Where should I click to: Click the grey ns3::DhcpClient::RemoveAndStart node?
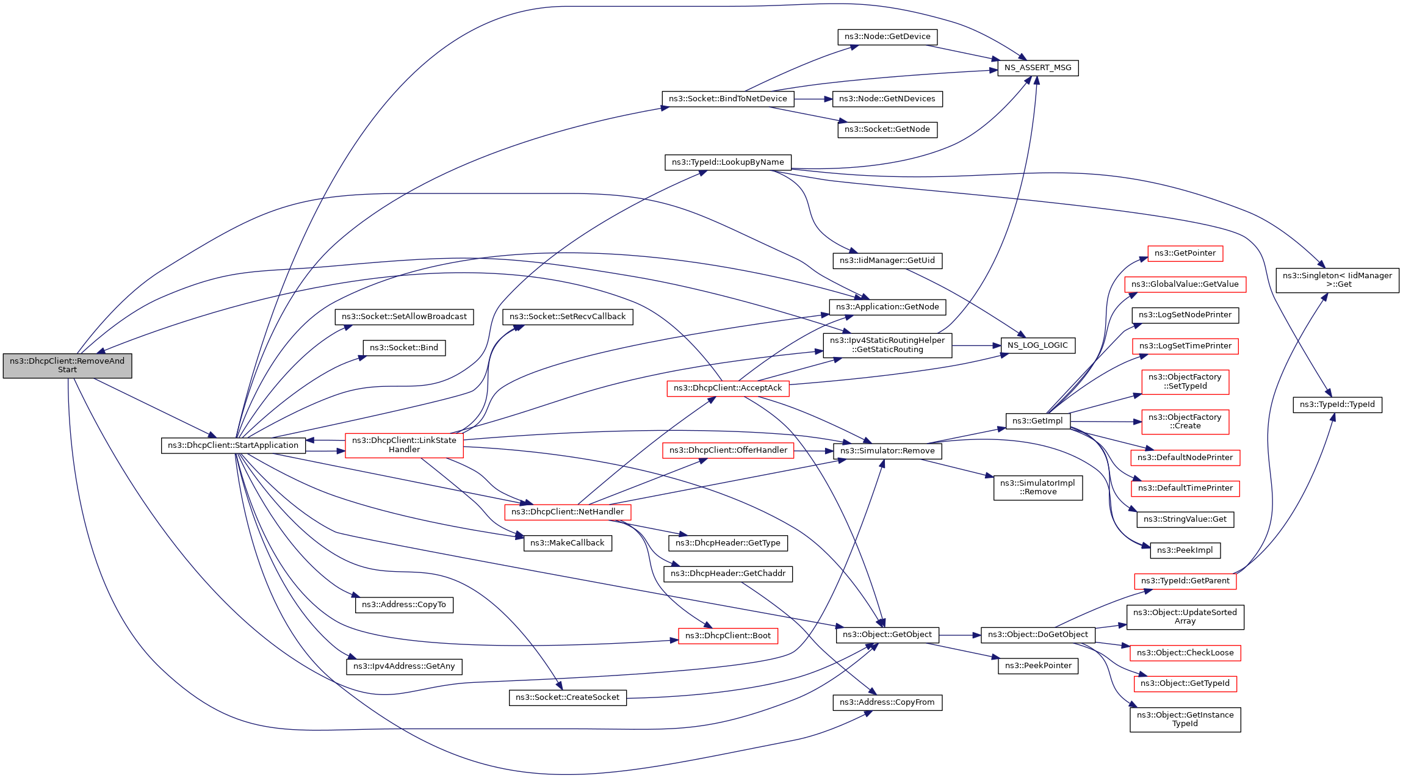pyautogui.click(x=67, y=366)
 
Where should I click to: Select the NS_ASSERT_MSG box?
pyautogui.click(x=1037, y=68)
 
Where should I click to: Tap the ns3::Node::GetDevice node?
pyautogui.click(x=887, y=37)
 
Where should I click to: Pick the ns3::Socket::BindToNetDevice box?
pyautogui.click(x=727, y=99)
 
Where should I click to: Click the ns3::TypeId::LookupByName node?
pyautogui.click(x=727, y=162)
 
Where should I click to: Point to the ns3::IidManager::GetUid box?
pyautogui.click(x=887, y=261)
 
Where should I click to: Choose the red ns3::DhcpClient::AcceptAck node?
pyautogui.click(x=727, y=388)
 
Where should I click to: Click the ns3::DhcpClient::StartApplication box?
pyautogui.click(x=233, y=445)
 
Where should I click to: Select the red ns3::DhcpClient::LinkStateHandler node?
pyautogui.click(x=404, y=445)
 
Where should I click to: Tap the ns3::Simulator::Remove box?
pyautogui.click(x=887, y=451)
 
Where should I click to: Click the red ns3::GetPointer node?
pyautogui.click(x=1185, y=253)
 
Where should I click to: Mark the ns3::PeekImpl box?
pyautogui.click(x=1185, y=550)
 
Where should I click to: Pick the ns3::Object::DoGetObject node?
pyautogui.click(x=1037, y=635)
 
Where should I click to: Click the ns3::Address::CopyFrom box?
pyautogui.click(x=887, y=702)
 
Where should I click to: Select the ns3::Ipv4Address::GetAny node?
pyautogui.click(x=404, y=666)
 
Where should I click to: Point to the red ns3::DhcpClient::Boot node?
pyautogui.click(x=727, y=636)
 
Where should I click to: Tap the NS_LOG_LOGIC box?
pyautogui.click(x=1037, y=345)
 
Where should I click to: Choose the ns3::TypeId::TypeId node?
pyautogui.click(x=1336, y=405)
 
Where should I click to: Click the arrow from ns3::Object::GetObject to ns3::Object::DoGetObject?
pyautogui.click(x=959, y=635)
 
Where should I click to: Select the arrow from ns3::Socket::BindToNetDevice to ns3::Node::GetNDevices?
pyautogui.click(x=813, y=99)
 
